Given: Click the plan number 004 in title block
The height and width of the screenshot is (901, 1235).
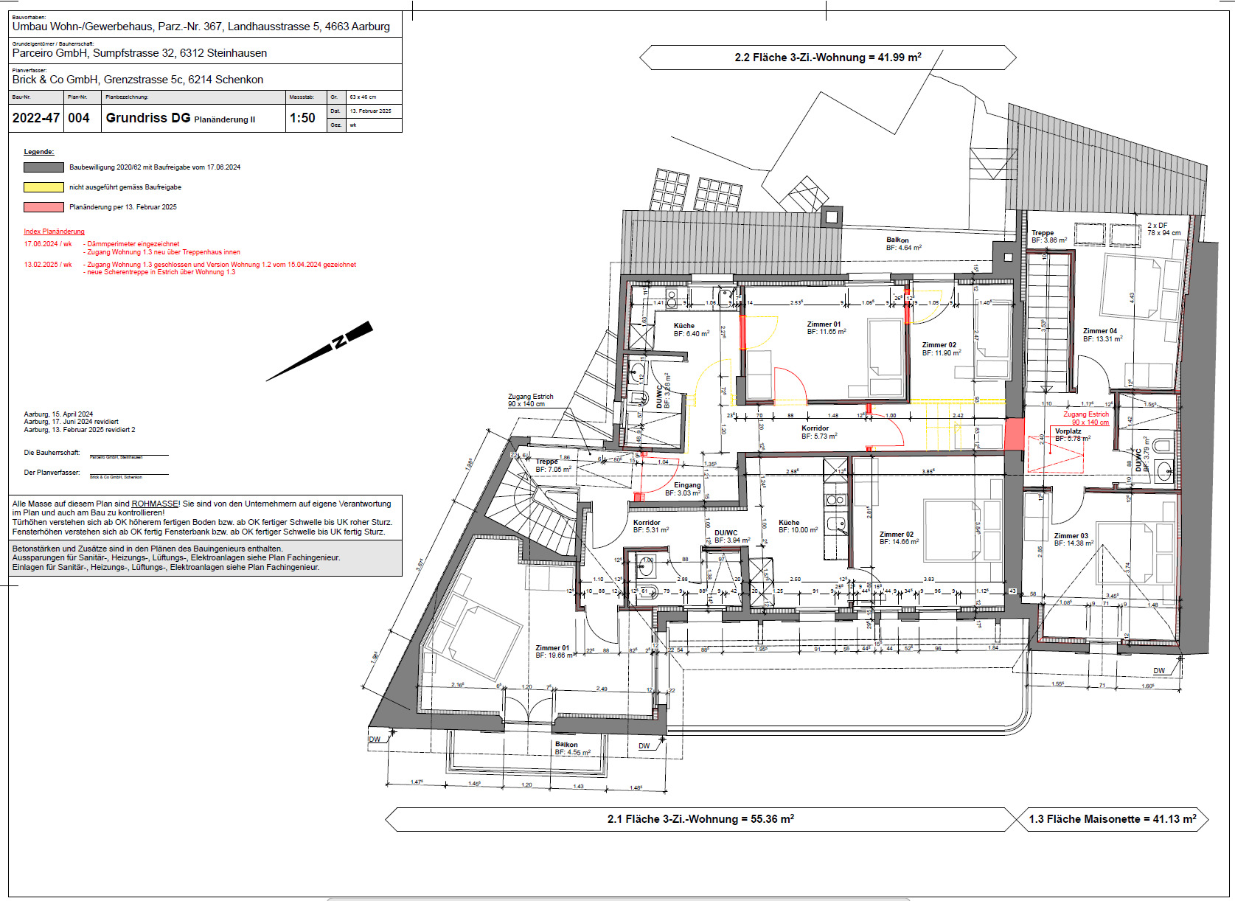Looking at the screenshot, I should (x=79, y=118).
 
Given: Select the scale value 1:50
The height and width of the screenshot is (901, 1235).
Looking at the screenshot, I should (x=302, y=118).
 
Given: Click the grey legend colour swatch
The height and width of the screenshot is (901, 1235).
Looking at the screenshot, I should (x=44, y=167).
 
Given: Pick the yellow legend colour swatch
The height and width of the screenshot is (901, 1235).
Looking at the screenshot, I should (x=44, y=187).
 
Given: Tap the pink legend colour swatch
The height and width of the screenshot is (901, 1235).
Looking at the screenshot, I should (x=44, y=207).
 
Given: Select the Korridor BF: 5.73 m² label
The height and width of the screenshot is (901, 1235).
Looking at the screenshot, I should (x=817, y=432).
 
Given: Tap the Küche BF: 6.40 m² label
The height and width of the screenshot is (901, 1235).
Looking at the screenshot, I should (x=689, y=330).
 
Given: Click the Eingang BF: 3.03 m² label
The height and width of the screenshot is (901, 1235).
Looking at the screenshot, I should (x=685, y=489).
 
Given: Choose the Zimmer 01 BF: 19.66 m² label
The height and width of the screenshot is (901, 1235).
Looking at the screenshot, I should (x=554, y=651).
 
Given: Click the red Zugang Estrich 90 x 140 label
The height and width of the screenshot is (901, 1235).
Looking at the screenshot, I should (x=1086, y=418).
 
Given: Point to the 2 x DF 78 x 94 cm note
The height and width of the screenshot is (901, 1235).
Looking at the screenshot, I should (x=1163, y=229).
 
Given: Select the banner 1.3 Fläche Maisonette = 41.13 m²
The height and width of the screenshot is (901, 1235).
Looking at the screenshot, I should (x=1112, y=819).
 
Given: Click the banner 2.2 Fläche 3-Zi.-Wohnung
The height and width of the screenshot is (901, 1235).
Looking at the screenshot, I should (x=827, y=58).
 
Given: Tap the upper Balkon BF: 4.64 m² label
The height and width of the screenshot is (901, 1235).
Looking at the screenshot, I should (x=902, y=244).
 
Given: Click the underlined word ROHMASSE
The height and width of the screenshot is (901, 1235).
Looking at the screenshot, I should (x=155, y=504).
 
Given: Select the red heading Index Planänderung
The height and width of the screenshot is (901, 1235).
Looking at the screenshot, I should (x=54, y=232).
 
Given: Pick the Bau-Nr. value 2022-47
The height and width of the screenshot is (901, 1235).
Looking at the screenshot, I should (x=35, y=118).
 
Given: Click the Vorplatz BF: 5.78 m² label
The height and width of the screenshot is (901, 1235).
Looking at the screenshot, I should (x=1071, y=435).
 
